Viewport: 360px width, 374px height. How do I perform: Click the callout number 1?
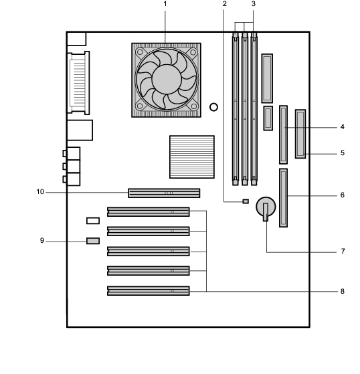coord(165,4)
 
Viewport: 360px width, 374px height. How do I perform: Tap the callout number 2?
coord(224,4)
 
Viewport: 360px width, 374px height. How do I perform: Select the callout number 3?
coord(254,4)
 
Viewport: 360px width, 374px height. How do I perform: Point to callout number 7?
coord(343,251)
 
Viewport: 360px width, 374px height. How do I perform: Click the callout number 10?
coord(40,192)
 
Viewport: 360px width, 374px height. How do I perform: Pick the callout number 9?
coord(42,241)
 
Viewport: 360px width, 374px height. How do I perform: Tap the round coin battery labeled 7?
coord(266,207)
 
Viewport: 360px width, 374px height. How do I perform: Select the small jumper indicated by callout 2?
coord(246,201)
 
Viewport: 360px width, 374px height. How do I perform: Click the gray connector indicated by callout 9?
coord(93,241)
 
